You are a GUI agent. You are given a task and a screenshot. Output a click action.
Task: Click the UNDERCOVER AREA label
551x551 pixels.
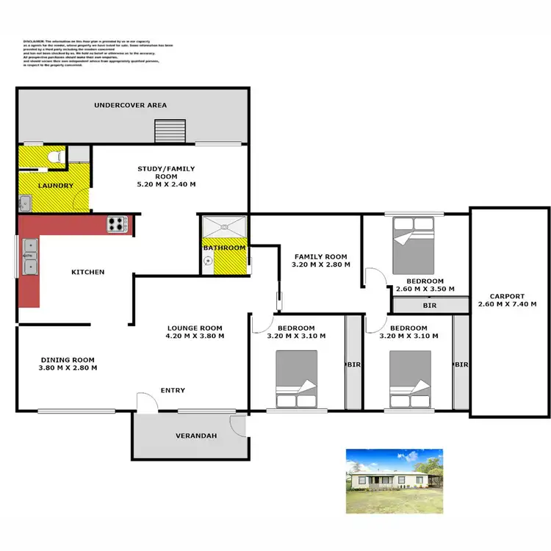(x=130, y=105)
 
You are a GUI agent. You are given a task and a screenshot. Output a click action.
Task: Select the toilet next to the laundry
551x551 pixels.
(x=53, y=156)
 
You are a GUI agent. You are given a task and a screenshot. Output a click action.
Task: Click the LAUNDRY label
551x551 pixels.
(x=56, y=186)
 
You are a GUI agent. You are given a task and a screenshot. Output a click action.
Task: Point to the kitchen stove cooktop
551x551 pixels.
(x=117, y=223)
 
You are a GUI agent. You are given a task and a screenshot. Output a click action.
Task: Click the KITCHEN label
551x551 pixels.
(x=87, y=272)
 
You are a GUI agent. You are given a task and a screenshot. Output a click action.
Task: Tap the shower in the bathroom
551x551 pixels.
(x=224, y=228)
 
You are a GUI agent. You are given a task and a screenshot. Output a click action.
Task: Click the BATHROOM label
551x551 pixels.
(x=224, y=248)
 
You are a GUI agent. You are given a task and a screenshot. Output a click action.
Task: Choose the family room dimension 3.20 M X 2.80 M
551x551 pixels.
(x=321, y=264)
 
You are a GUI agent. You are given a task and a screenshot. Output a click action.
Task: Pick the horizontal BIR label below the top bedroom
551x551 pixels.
(x=431, y=305)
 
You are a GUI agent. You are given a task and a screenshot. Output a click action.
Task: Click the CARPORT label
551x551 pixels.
(x=507, y=296)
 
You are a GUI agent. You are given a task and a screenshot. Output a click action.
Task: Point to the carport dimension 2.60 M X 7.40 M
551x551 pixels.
(x=507, y=304)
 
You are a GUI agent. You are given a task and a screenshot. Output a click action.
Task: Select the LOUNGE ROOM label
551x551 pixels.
(x=195, y=328)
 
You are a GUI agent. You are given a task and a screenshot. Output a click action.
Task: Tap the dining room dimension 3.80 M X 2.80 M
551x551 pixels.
(x=68, y=367)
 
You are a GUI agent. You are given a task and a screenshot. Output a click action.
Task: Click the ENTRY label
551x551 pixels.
(x=173, y=390)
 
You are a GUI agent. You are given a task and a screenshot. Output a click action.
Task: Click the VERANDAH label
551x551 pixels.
(x=195, y=436)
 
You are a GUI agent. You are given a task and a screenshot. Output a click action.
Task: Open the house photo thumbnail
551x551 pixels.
(x=395, y=480)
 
